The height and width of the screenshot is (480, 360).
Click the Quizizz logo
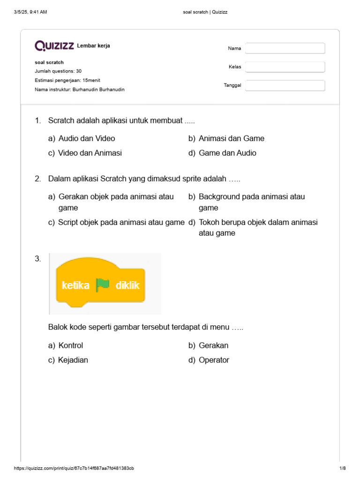54,45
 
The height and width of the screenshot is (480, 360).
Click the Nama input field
285,48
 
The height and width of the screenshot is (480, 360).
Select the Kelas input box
285,67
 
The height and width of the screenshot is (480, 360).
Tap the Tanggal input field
285,85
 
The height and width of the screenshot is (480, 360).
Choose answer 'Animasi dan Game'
232,138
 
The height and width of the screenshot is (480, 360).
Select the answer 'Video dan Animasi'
90,153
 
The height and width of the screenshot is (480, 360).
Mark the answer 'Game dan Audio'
227,153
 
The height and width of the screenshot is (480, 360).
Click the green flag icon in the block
102,285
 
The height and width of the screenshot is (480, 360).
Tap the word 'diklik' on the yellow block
127,285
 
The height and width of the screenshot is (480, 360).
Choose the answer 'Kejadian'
73,360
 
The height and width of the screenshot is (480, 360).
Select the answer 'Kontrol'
71,345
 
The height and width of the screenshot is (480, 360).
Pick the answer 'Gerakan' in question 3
213,345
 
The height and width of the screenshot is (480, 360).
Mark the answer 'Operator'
214,360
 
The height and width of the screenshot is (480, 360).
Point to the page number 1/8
342,468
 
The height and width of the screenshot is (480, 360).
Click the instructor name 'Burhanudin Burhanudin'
98,89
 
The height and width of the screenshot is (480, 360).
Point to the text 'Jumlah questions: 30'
58,71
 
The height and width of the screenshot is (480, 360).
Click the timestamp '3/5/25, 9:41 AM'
31,12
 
